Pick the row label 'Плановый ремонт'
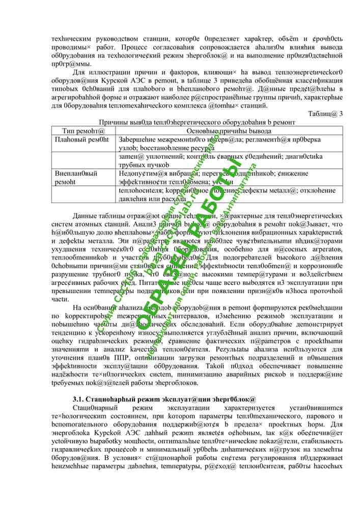coord(81,139)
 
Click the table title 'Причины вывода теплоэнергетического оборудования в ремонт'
coord(198,122)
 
